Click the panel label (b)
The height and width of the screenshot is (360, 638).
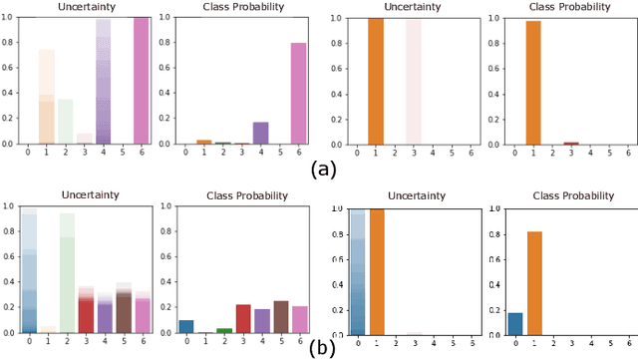[x=319, y=349]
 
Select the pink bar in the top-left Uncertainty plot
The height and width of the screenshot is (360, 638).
[x=140, y=81]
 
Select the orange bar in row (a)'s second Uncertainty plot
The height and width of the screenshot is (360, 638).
[x=376, y=81]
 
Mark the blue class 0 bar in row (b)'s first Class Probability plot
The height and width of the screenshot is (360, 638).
[x=186, y=326]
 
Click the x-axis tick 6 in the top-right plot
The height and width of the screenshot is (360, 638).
[x=628, y=154]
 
